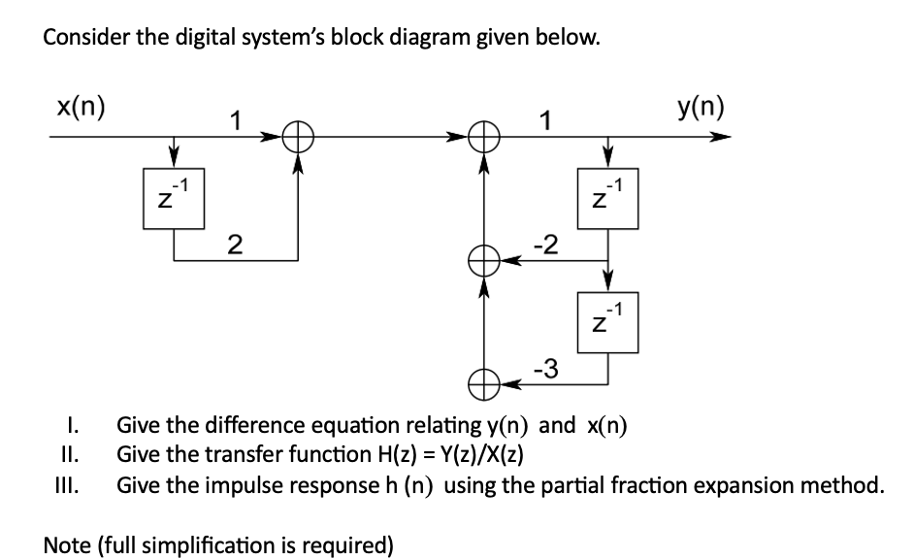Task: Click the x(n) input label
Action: [x=81, y=106]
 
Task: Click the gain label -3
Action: [x=545, y=368]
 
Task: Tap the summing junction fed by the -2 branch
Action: [x=483, y=260]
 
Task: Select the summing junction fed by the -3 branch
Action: [x=483, y=384]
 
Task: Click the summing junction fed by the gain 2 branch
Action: [x=297, y=138]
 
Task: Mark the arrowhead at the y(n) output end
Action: [x=719, y=138]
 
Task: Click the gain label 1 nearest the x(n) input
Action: [x=233, y=120]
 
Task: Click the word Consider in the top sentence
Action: [x=82, y=39]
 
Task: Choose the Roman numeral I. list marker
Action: [x=73, y=425]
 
